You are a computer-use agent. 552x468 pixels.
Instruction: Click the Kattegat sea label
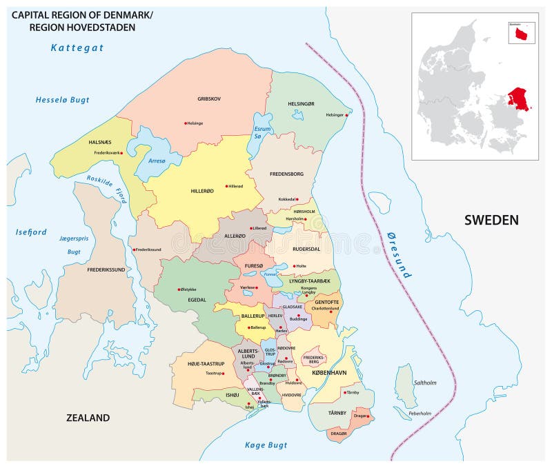click(77, 48)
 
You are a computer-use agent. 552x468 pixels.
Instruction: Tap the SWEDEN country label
click(491, 220)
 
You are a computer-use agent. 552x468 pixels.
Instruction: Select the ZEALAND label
click(88, 418)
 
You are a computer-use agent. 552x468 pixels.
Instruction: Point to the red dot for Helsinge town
click(185, 123)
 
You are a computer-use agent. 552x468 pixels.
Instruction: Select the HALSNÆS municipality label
click(100, 141)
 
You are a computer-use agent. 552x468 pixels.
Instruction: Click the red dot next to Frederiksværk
click(121, 153)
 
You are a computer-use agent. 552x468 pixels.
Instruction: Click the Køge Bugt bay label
click(265, 445)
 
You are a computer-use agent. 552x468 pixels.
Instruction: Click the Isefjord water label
click(31, 232)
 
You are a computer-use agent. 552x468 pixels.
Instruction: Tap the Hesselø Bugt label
click(63, 100)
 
